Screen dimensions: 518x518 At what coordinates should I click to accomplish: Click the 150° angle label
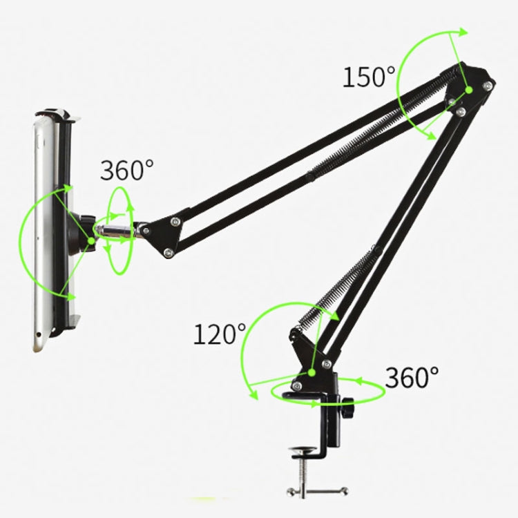[x=369, y=77]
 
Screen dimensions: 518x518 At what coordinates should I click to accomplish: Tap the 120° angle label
[x=219, y=335]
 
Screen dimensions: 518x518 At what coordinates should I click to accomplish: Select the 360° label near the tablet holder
[x=127, y=170]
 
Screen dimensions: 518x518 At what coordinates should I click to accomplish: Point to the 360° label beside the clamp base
[x=412, y=377]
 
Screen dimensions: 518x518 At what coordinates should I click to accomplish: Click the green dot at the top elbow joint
[x=468, y=89]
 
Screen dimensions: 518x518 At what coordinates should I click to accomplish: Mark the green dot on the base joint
[x=313, y=372]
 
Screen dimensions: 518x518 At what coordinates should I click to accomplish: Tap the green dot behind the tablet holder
[x=90, y=241]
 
